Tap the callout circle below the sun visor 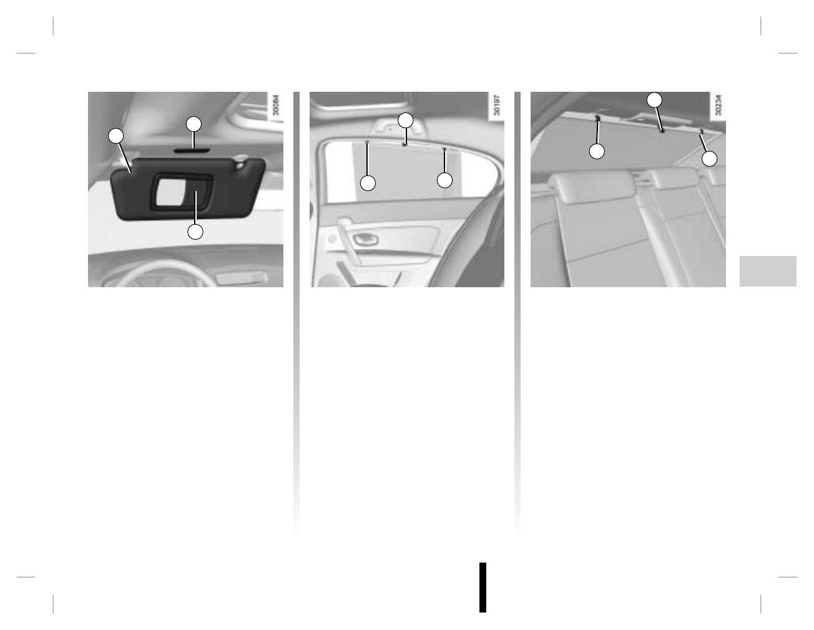[195, 232]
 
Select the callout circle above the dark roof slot [194, 124]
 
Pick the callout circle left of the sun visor [115, 136]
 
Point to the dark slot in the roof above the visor [194, 150]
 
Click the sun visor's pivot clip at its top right [241, 165]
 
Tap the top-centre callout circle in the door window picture [406, 120]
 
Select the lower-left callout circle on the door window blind [368, 182]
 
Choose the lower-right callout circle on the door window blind [444, 180]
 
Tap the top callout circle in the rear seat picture [654, 100]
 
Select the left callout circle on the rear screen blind [597, 151]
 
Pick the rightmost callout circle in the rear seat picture [709, 159]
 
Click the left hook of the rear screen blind [598, 118]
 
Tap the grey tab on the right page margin [768, 271]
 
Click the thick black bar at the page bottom [483, 587]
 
